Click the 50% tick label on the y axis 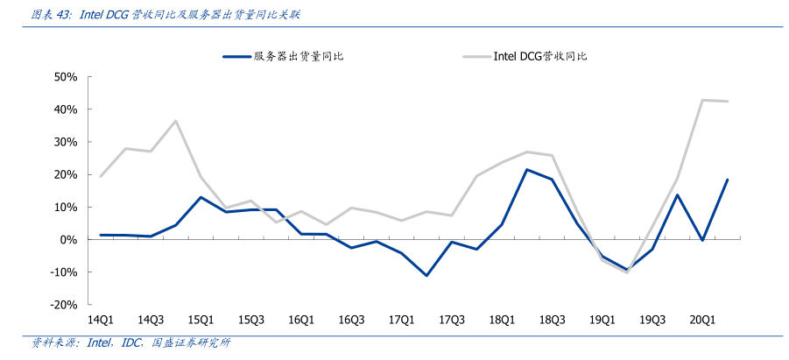[67, 77]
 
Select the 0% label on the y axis [70, 240]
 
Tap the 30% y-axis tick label [67, 142]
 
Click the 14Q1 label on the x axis [101, 321]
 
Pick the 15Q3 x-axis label [251, 321]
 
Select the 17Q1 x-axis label [402, 321]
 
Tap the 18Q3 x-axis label [553, 321]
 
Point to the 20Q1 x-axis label [703, 321]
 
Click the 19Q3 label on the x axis [652, 321]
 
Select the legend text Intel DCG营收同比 [539, 57]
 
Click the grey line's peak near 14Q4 [176, 121]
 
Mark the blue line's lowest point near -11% [426, 276]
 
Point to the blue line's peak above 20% [527, 170]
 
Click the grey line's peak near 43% [702, 100]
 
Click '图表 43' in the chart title [51, 15]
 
